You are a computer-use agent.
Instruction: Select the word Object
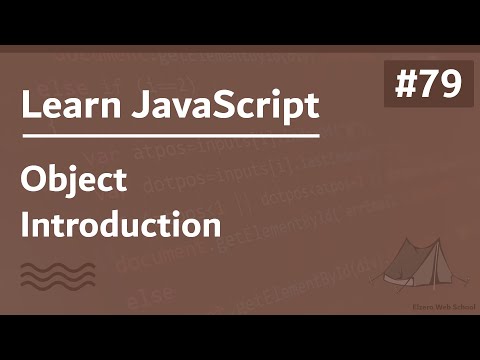(x=74, y=181)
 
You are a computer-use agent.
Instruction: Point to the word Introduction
(x=121, y=223)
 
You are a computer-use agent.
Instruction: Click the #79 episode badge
(x=428, y=85)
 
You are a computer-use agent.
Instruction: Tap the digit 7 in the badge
(x=427, y=86)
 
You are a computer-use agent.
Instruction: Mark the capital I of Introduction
(x=25, y=223)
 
